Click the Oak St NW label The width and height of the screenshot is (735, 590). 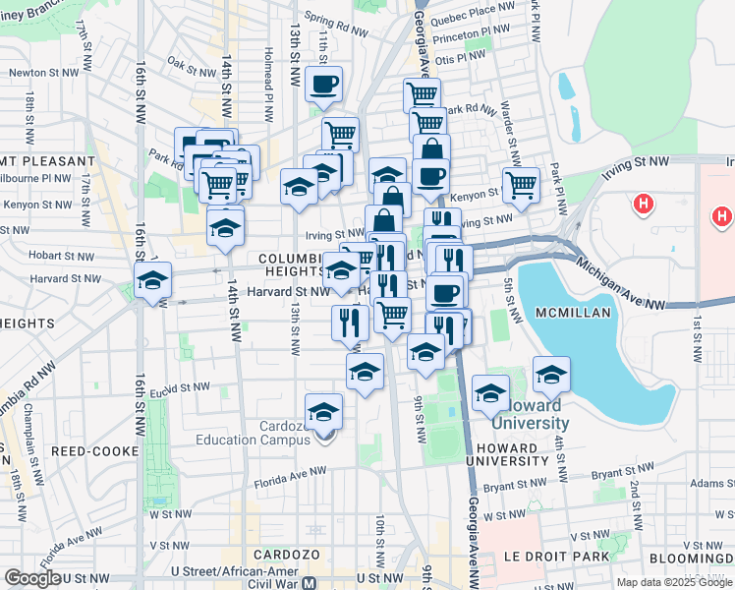(x=191, y=70)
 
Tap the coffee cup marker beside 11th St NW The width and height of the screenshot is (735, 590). (x=322, y=85)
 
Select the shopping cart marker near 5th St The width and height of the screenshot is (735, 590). (x=521, y=184)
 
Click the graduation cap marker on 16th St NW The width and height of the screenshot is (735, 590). (x=152, y=281)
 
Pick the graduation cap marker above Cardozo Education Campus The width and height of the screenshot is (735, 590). (x=322, y=413)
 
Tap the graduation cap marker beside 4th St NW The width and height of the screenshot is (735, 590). (x=551, y=374)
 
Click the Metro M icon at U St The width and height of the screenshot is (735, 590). (x=310, y=580)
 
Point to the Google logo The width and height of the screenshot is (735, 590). (x=31, y=578)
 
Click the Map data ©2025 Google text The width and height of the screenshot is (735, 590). (x=674, y=582)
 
